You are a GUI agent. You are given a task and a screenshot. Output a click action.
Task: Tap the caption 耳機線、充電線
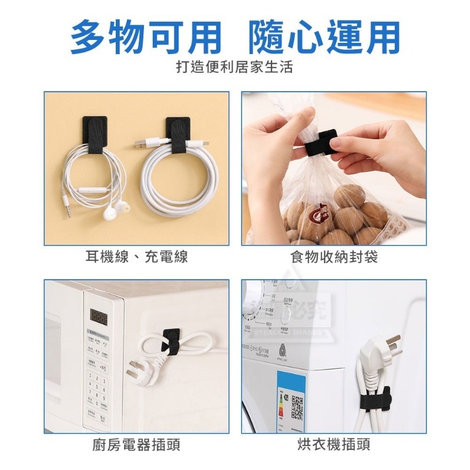pyautogui.click(x=136, y=257)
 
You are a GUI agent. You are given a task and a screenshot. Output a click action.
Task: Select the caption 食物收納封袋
pyautogui.click(x=333, y=257)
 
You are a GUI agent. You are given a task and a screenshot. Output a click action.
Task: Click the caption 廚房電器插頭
pyautogui.click(x=136, y=445)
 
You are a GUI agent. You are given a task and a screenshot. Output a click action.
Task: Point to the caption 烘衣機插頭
pyautogui.click(x=333, y=445)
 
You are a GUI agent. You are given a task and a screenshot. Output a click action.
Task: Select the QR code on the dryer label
pyautogui.click(x=297, y=407)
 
